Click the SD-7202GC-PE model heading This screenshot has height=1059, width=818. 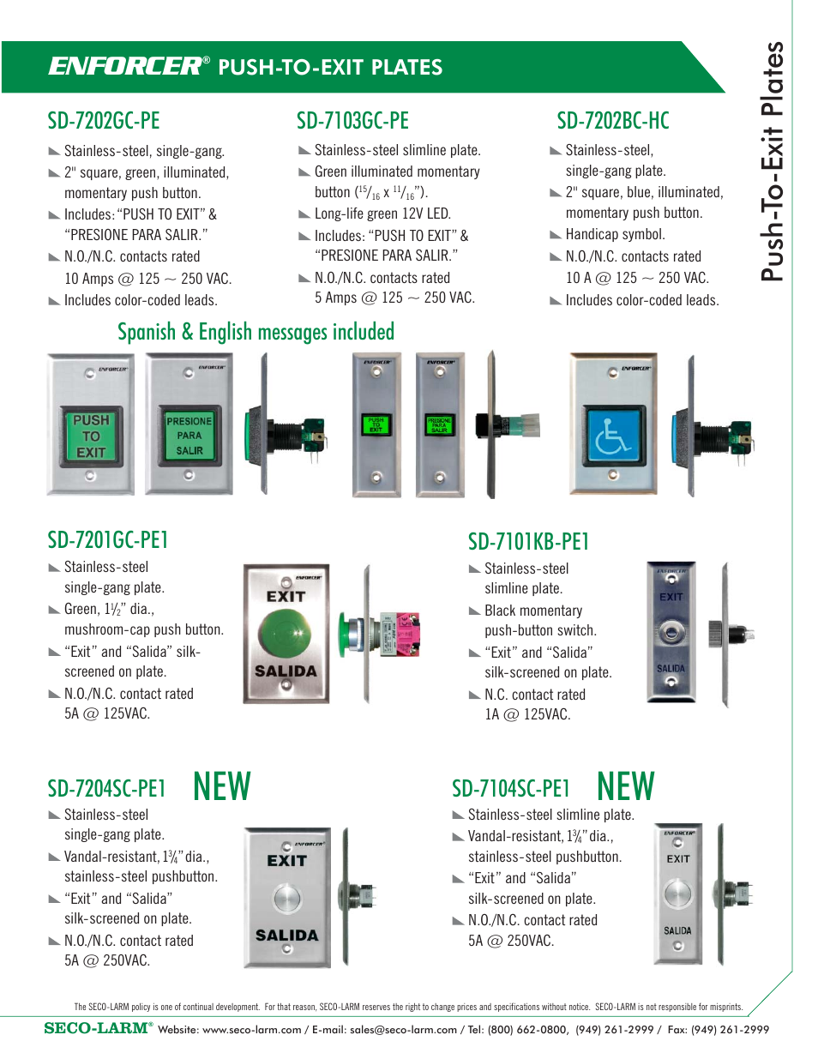(x=104, y=121)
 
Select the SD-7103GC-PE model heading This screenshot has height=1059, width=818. (x=352, y=121)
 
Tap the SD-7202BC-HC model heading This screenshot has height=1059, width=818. (x=613, y=121)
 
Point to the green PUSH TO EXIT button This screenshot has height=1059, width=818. (x=91, y=436)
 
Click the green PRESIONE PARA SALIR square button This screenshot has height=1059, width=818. (x=189, y=436)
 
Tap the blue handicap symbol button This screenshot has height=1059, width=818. (x=614, y=435)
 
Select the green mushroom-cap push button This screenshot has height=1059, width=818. (x=286, y=634)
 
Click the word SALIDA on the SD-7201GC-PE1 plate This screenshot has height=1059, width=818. (x=286, y=671)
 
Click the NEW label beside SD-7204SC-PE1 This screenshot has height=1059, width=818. (x=222, y=786)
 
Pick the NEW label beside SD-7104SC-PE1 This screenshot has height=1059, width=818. (x=626, y=786)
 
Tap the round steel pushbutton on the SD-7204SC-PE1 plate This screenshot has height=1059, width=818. (x=287, y=899)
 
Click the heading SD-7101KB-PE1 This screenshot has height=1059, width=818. (x=528, y=542)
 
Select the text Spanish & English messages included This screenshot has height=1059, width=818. (x=256, y=332)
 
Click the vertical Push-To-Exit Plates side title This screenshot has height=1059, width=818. (x=773, y=161)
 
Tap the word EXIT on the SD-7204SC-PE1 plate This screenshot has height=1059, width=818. (x=286, y=861)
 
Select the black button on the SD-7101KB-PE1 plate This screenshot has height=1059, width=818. (x=671, y=633)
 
